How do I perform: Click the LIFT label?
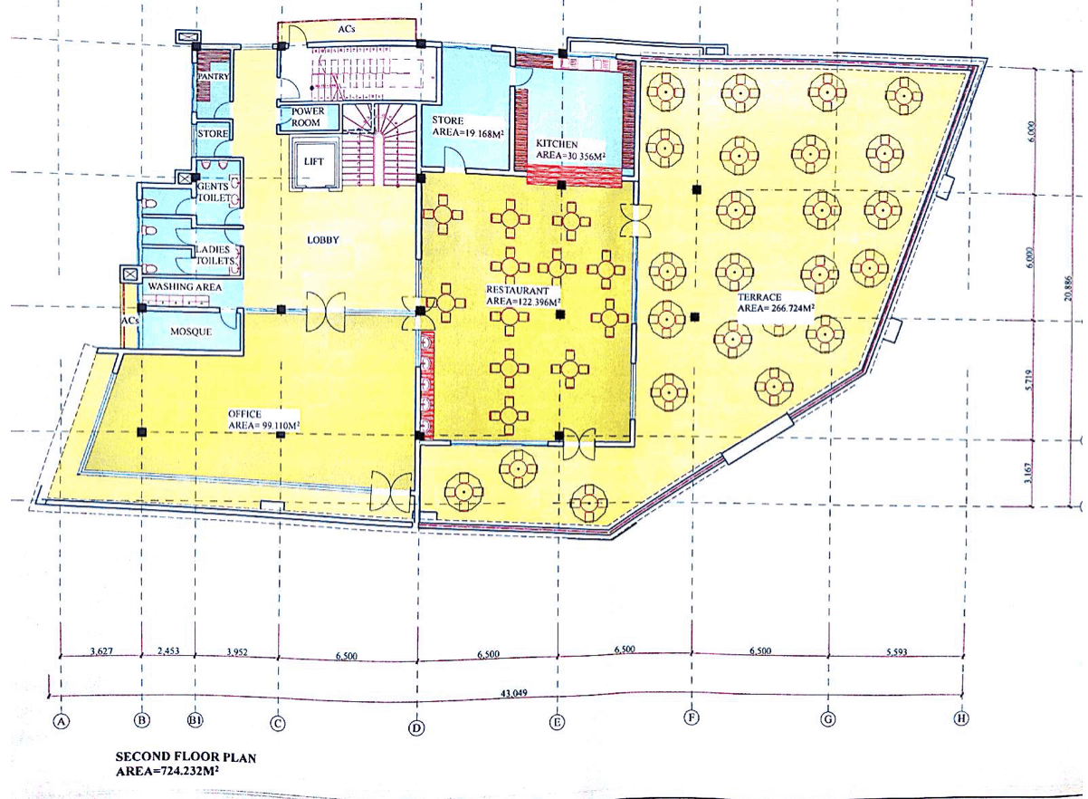(x=313, y=161)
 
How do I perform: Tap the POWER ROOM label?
(x=308, y=117)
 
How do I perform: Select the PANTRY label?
(x=213, y=77)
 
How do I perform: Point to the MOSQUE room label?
(x=191, y=332)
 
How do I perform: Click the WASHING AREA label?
(x=185, y=287)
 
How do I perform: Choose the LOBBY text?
(x=322, y=239)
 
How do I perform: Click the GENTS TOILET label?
(x=214, y=192)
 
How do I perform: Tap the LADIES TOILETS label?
(x=215, y=255)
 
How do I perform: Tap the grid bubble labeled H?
(x=960, y=717)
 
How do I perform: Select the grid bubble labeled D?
(x=416, y=727)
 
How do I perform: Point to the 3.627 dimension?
(x=101, y=651)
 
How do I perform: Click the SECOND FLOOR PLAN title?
(x=186, y=756)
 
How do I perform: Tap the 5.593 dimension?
(x=897, y=651)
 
